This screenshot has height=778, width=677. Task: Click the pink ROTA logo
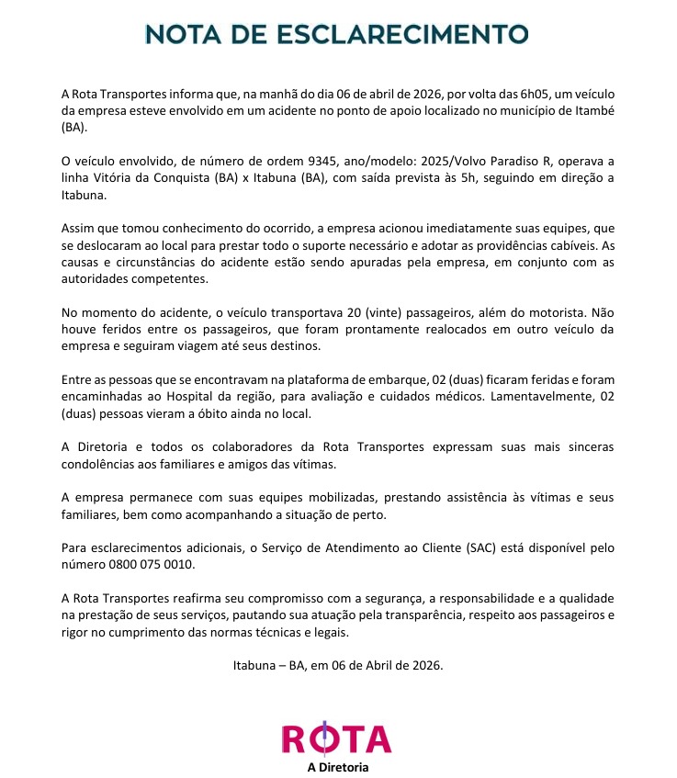336,739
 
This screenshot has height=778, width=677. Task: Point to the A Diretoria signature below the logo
337,767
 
